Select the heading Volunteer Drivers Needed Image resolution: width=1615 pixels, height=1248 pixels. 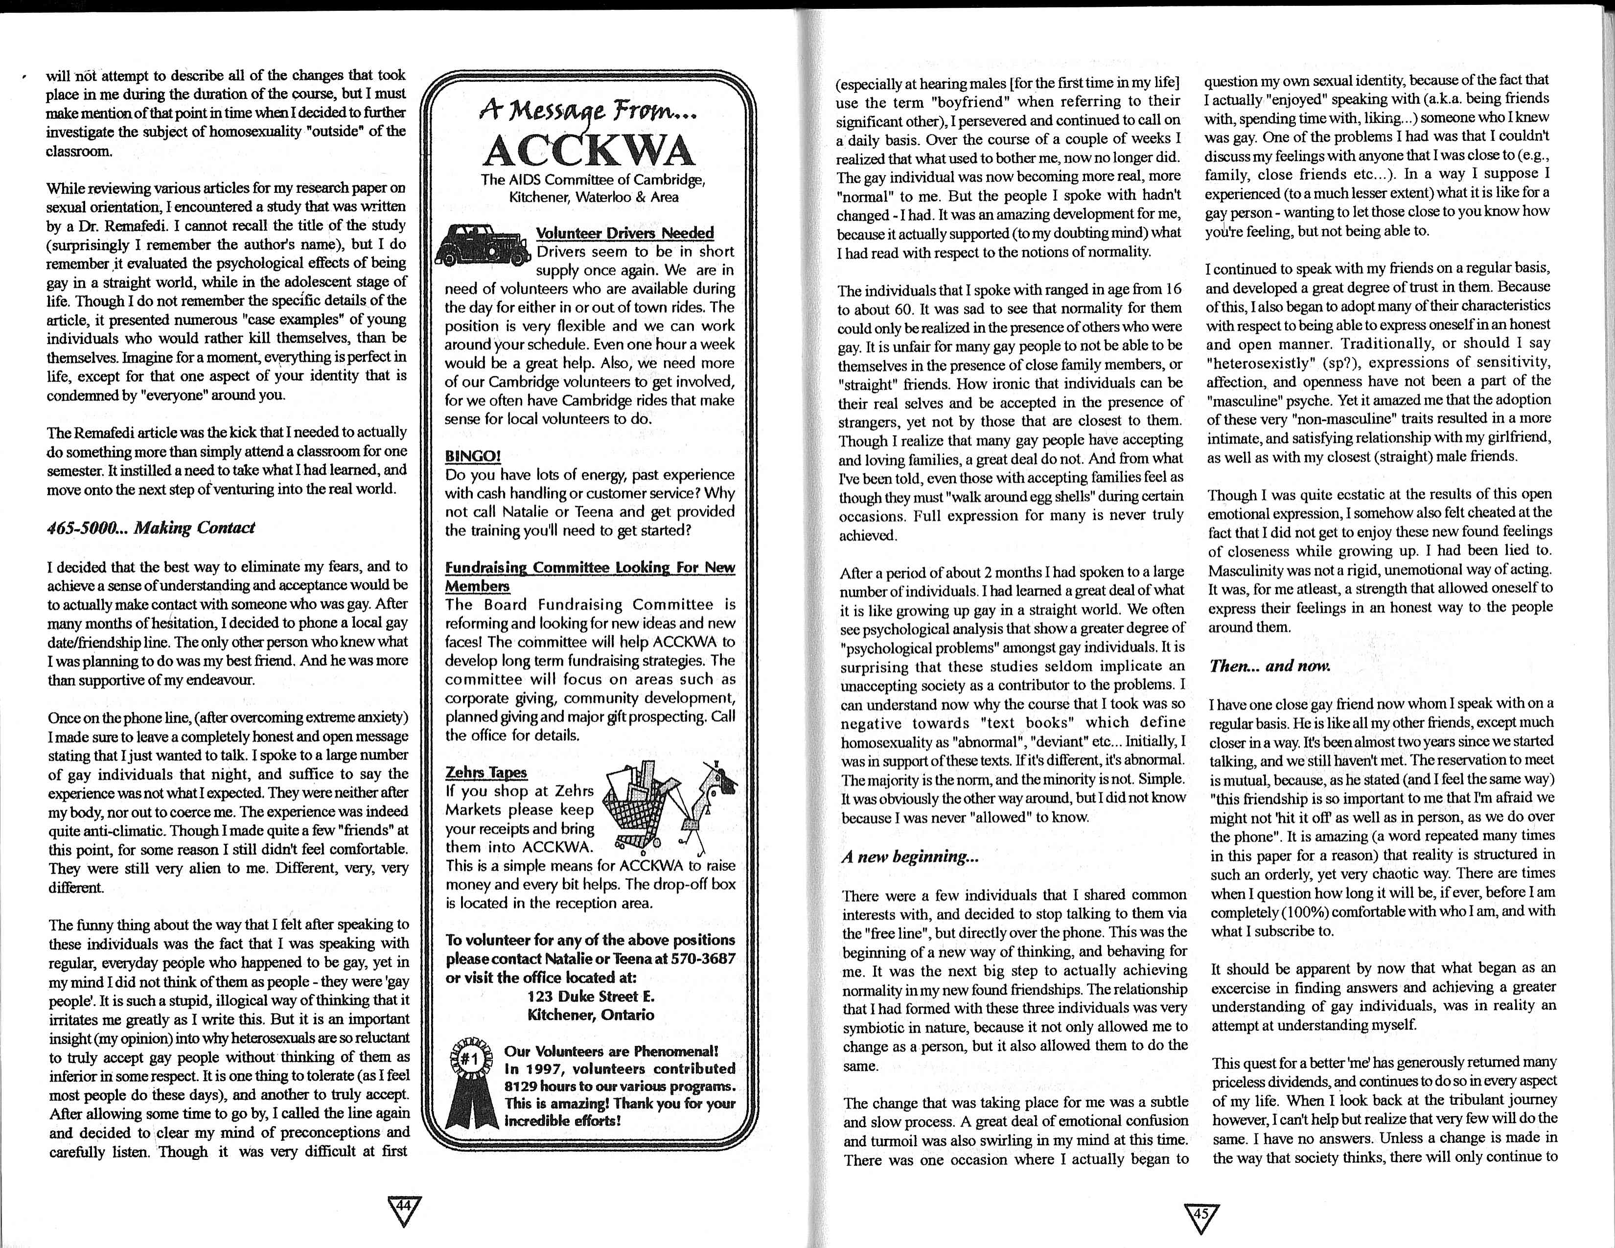pos(625,233)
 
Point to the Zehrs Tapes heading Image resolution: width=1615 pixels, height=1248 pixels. pos(486,772)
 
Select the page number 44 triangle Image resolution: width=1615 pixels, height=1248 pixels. pos(404,1210)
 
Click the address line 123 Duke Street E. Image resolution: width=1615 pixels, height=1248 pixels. pos(590,996)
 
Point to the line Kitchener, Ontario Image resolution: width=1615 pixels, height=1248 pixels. pos(590,1015)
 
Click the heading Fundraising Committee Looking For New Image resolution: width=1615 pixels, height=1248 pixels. pos(589,567)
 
